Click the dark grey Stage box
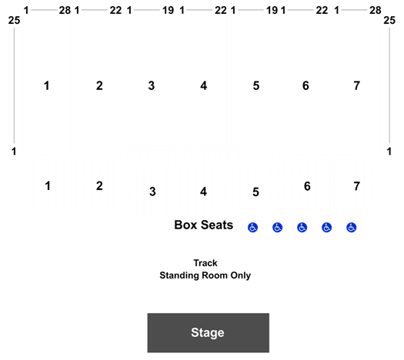(x=209, y=332)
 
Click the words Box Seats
(x=204, y=225)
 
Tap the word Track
(x=205, y=263)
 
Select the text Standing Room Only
(x=205, y=275)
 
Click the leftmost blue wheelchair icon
(x=252, y=228)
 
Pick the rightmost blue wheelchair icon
(x=352, y=228)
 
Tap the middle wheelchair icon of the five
(x=302, y=228)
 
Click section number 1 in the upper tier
(x=47, y=85)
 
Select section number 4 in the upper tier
(x=204, y=85)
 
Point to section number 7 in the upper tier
(x=356, y=85)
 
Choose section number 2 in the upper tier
(x=99, y=85)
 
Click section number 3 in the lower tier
(x=152, y=192)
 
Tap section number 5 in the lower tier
(x=255, y=192)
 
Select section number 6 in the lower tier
(x=307, y=186)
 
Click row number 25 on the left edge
(x=14, y=20)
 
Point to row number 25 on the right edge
(x=389, y=20)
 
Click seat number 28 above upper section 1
(x=65, y=11)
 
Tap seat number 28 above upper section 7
(x=376, y=11)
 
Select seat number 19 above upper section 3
(x=169, y=11)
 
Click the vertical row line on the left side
(x=14, y=85)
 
